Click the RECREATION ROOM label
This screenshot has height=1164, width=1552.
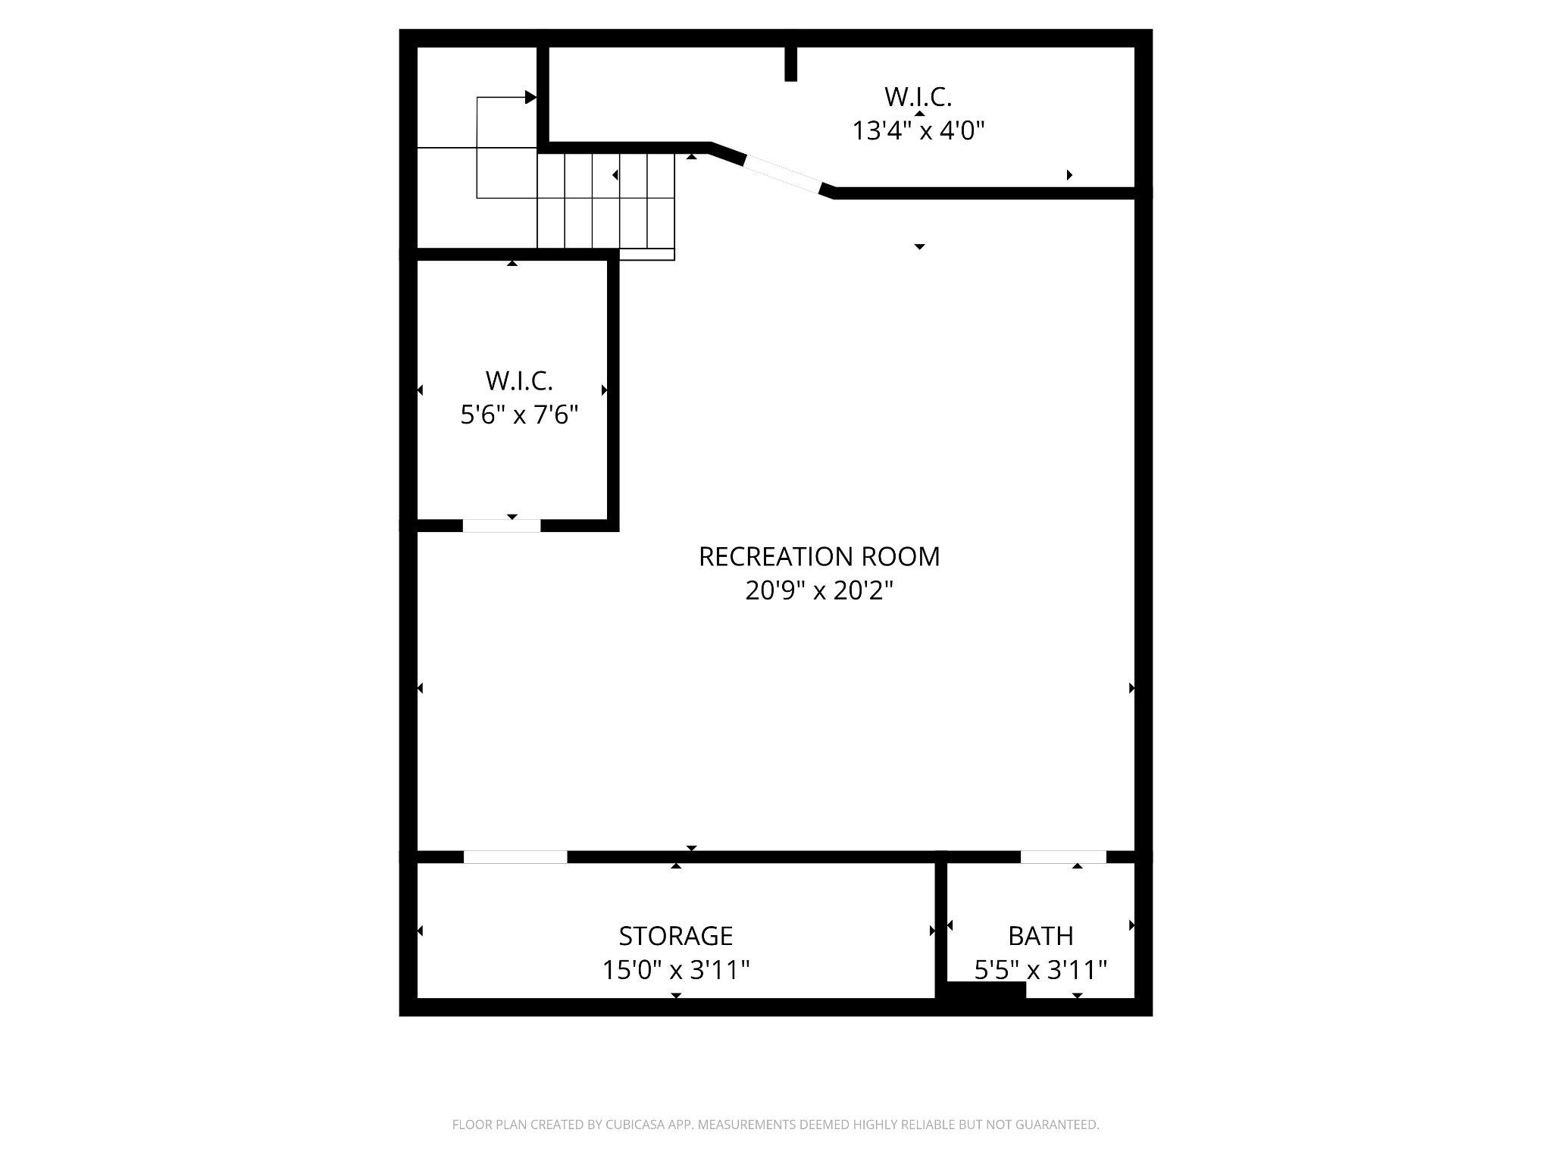click(818, 556)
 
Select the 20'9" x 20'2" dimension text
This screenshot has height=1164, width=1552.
click(818, 590)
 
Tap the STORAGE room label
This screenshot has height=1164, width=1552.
click(675, 936)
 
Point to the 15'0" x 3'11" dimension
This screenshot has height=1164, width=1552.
click(675, 970)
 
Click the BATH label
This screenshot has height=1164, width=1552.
click(1040, 936)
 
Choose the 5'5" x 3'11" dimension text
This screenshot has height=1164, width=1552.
click(1040, 970)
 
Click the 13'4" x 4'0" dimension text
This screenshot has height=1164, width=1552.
click(918, 131)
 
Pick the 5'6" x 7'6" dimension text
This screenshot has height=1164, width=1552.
click(519, 415)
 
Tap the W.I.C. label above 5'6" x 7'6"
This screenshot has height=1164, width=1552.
click(519, 380)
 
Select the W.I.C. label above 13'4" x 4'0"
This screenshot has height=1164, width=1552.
click(918, 97)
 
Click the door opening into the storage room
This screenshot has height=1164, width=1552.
click(515, 856)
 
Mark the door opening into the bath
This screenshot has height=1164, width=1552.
click(1063, 856)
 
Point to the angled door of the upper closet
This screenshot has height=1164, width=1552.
click(784, 171)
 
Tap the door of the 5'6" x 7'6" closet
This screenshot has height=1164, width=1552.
click(502, 525)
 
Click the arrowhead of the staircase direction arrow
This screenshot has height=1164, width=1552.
click(531, 98)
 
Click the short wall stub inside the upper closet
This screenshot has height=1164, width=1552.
click(790, 64)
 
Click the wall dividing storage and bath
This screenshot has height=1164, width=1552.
click(940, 928)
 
